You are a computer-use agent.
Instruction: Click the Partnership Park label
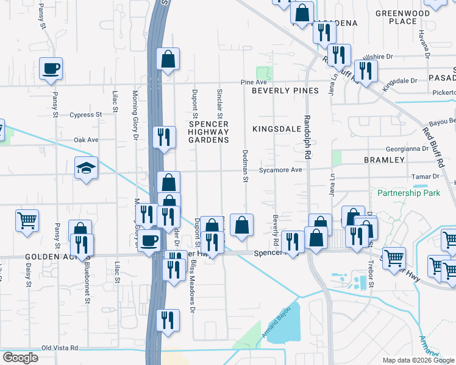tap(408, 193)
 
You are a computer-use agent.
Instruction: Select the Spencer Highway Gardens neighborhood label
tap(208, 131)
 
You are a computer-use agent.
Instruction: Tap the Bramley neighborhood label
tap(384, 159)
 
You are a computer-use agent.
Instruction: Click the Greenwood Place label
tap(402, 17)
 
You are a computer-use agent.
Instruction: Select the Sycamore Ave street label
tap(280, 170)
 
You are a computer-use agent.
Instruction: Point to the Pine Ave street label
tap(254, 82)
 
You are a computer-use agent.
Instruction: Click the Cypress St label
tap(85, 114)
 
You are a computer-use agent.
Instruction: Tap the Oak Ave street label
tap(86, 140)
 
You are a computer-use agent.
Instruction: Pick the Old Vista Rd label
tap(60, 348)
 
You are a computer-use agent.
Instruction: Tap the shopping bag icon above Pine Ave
tap(168, 59)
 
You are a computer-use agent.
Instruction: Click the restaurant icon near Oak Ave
tap(163, 136)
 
